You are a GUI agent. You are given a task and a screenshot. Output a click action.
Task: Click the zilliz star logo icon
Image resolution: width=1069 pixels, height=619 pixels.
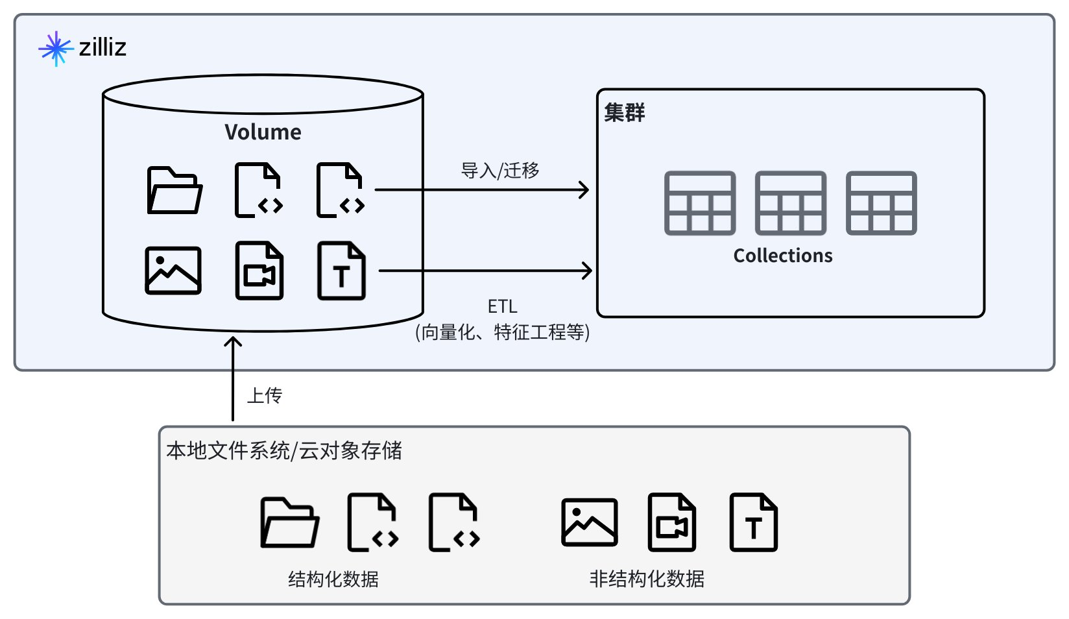(56, 48)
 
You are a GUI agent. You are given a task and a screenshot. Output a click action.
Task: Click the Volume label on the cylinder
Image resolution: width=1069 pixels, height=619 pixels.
(263, 132)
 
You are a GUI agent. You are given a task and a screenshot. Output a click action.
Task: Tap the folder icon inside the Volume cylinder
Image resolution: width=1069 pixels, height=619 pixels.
(174, 191)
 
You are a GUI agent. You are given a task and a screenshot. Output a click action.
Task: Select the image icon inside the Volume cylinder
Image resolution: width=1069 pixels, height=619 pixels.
(173, 271)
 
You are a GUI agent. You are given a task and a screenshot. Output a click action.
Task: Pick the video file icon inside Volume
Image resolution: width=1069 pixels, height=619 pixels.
(259, 271)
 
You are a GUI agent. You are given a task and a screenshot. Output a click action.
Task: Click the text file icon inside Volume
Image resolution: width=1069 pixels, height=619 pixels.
(341, 271)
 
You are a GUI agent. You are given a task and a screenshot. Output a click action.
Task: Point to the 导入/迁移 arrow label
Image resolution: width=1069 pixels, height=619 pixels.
(500, 171)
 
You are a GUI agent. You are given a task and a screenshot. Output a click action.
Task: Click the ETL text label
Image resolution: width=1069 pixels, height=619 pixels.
(502, 306)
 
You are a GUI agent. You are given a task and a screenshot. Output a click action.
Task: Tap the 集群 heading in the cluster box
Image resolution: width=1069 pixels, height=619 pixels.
(625, 113)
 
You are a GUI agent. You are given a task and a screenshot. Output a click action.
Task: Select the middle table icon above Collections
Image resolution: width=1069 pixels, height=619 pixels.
(791, 203)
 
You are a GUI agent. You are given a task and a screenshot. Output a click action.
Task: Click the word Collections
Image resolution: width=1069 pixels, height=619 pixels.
(783, 256)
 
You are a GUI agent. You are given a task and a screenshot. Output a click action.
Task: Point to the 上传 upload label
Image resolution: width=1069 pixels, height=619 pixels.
(265, 396)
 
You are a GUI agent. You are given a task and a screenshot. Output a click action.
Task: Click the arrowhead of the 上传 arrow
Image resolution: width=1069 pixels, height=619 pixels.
(233, 341)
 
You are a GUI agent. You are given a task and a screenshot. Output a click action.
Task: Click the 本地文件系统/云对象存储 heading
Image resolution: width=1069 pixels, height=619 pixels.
(284, 450)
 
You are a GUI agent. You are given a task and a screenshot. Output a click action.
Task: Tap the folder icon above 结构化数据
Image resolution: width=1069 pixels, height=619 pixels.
(289, 523)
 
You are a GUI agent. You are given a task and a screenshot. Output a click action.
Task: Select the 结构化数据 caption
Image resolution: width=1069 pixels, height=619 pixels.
(333, 579)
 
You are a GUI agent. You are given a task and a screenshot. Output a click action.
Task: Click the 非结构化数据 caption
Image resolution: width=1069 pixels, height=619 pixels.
(647, 579)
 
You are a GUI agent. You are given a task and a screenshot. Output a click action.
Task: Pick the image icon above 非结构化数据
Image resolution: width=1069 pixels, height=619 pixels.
(590, 522)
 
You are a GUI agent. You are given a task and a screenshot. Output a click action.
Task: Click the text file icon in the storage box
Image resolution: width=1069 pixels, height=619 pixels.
(753, 522)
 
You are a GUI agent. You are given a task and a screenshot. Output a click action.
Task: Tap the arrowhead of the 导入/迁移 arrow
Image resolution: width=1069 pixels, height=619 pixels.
(585, 190)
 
